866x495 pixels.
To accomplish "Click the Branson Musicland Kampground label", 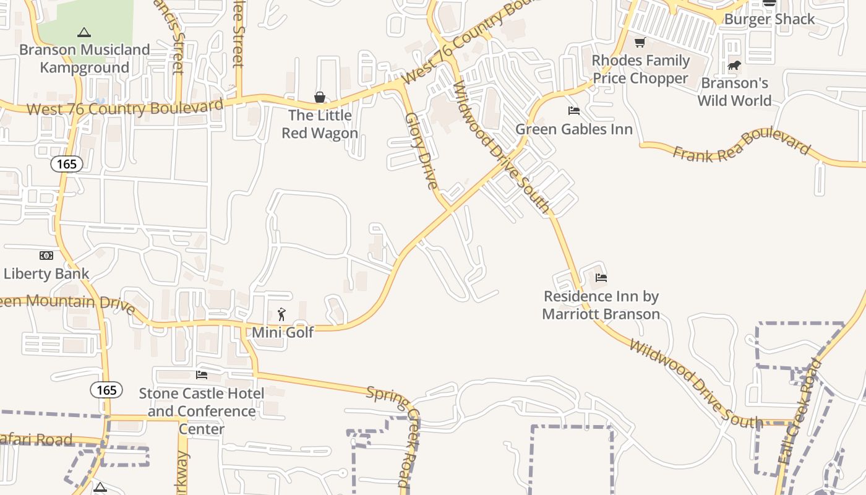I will coord(85,58).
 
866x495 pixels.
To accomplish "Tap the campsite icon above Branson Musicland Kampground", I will coord(84,32).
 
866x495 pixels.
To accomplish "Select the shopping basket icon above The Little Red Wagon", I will coord(320,97).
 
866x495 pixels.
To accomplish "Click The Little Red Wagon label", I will coord(320,124).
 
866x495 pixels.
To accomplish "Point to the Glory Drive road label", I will coord(421,150).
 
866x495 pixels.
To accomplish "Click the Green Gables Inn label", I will coord(574,129).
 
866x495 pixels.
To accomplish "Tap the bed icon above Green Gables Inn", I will coord(574,111).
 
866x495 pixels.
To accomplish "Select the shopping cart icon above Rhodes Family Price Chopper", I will coord(640,43).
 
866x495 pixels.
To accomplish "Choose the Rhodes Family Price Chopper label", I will coord(641,69).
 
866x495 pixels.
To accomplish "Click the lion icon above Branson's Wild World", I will coord(734,65).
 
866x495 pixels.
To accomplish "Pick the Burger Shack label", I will coord(770,19).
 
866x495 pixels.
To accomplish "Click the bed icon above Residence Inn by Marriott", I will coord(601,278).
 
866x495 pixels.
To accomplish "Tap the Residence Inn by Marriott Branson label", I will coord(601,305).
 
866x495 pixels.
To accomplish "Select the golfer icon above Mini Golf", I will coord(282,314).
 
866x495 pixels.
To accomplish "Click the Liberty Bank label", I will coord(46,273).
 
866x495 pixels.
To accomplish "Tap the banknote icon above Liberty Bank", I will coord(46,256).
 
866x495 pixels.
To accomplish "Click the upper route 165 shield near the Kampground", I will coord(67,164).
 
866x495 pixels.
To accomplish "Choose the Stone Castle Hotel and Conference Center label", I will coord(202,411).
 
